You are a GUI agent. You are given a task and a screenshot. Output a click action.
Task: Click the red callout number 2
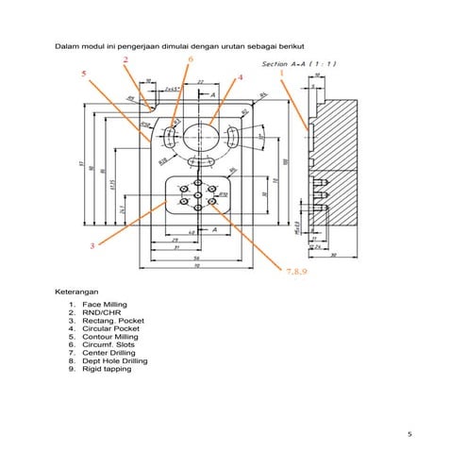click(x=125, y=59)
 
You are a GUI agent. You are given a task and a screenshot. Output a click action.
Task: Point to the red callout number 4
click(x=241, y=77)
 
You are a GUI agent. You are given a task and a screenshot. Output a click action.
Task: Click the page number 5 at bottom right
click(x=409, y=434)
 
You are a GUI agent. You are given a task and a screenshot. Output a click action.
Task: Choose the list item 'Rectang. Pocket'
click(x=112, y=321)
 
